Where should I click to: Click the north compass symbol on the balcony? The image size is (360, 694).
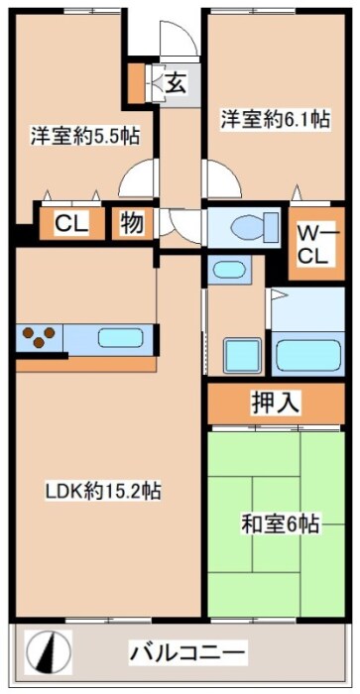48,652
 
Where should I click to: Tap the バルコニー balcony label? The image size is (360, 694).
186,652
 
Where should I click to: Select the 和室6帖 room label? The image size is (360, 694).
280,523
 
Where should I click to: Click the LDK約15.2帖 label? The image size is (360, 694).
103,491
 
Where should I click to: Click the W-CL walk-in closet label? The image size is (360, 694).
315,245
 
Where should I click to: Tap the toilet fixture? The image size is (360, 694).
255,227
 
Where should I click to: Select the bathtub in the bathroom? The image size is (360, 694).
307,354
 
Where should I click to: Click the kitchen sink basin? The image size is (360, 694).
121,338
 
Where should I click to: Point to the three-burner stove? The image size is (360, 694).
39,337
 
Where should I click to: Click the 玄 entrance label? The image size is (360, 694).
177,82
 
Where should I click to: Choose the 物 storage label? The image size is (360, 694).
132,223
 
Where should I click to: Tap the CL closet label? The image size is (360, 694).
71,223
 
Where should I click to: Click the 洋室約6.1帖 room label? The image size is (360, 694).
276,120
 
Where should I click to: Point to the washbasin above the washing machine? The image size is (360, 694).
229,270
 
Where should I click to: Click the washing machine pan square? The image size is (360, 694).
242,355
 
